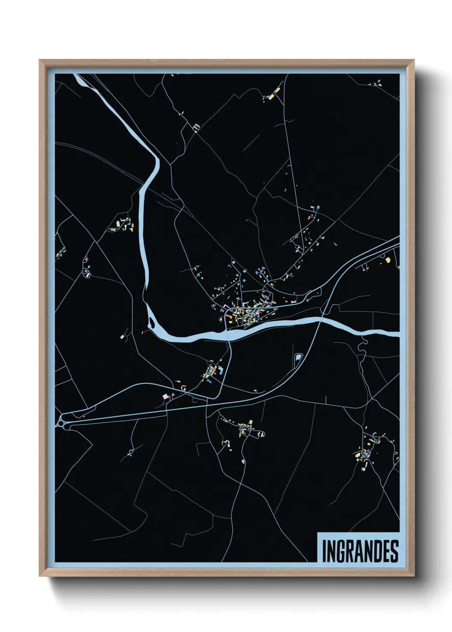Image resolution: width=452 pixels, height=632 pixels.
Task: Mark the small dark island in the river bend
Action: click(150, 318)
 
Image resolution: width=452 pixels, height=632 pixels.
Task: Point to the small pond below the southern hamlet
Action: click(244, 462)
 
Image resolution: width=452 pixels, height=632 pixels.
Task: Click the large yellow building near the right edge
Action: click(388, 260)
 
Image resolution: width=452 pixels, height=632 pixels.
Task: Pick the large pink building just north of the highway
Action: click(165, 397)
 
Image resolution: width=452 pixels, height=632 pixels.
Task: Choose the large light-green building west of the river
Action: click(114, 229)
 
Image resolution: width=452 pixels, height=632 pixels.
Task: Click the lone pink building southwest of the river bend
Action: click(122, 337)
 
